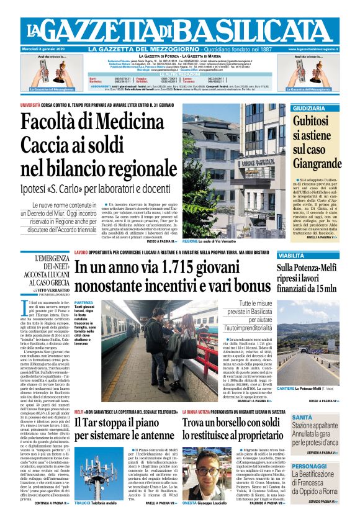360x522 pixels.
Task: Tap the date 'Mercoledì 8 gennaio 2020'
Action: point(46,49)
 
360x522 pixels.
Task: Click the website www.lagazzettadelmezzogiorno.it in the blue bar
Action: point(313,49)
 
